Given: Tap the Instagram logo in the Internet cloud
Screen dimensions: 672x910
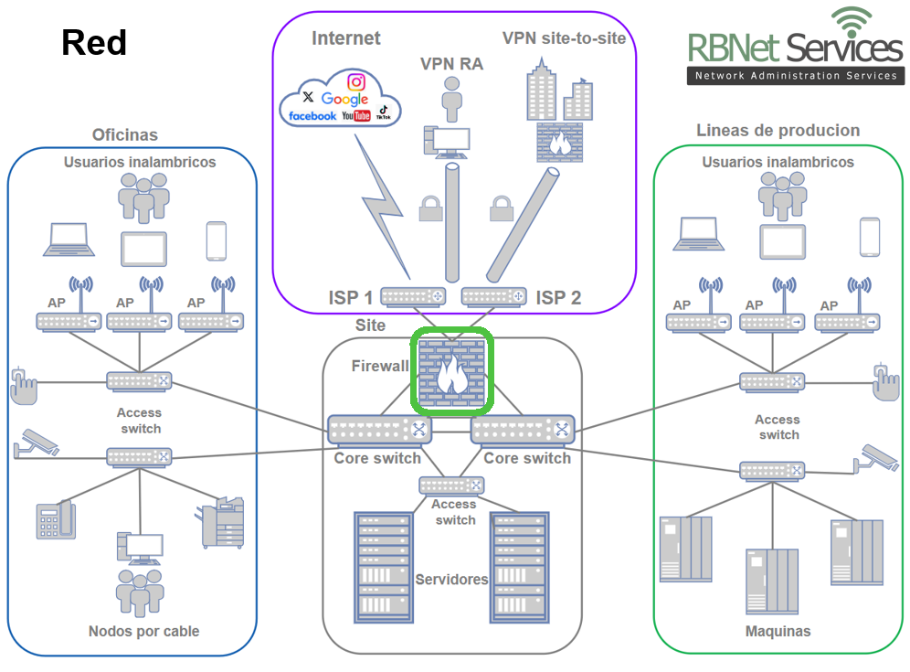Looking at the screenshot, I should (x=356, y=81).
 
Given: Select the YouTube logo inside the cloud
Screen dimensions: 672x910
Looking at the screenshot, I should (x=356, y=116).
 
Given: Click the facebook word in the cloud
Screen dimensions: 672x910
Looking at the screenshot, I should (x=312, y=116).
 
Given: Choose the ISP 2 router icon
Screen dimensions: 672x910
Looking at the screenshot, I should (x=494, y=297).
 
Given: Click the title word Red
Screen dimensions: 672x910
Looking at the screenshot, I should (x=94, y=43).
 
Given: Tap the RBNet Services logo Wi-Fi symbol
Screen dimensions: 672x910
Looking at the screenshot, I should (x=852, y=21).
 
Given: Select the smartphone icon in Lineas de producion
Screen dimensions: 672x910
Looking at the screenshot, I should (x=869, y=238).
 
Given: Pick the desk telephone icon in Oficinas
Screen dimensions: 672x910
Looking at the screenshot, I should (x=55, y=520).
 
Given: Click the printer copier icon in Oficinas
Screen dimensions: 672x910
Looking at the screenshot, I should (x=223, y=522).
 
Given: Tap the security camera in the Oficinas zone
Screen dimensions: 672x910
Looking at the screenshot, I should (x=37, y=443).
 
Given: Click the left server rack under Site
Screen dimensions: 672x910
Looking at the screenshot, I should (x=383, y=565).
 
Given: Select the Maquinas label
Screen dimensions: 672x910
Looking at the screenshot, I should (x=778, y=632).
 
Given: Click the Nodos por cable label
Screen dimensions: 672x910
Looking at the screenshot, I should (x=143, y=631).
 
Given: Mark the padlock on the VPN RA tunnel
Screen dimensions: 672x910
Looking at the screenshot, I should (x=430, y=208).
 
